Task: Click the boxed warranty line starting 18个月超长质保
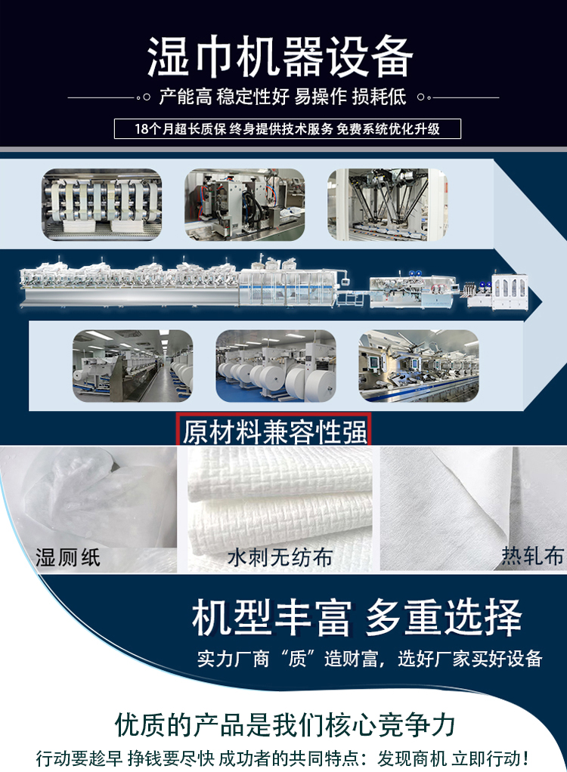(287, 128)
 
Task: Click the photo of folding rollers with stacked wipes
(101, 205)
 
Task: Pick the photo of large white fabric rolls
(275, 366)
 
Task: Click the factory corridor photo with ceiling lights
(132, 366)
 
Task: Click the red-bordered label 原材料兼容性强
(274, 431)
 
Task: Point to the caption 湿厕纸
(68, 557)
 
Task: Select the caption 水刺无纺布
(279, 557)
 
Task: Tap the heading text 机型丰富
(271, 618)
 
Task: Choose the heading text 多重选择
(444, 618)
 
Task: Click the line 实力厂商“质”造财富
(287, 658)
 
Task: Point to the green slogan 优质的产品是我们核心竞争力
(284, 724)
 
